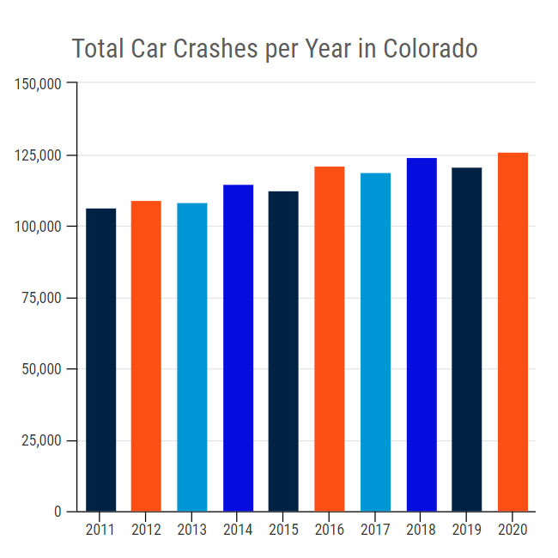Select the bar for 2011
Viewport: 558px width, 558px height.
[100, 360]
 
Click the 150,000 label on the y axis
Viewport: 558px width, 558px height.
[38, 84]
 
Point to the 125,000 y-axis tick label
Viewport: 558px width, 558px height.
[38, 155]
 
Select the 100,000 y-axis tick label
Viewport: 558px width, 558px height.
[38, 227]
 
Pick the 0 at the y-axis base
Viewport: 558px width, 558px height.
[58, 512]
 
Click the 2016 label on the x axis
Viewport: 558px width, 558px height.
[330, 530]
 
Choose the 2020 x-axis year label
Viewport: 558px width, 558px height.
[513, 530]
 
